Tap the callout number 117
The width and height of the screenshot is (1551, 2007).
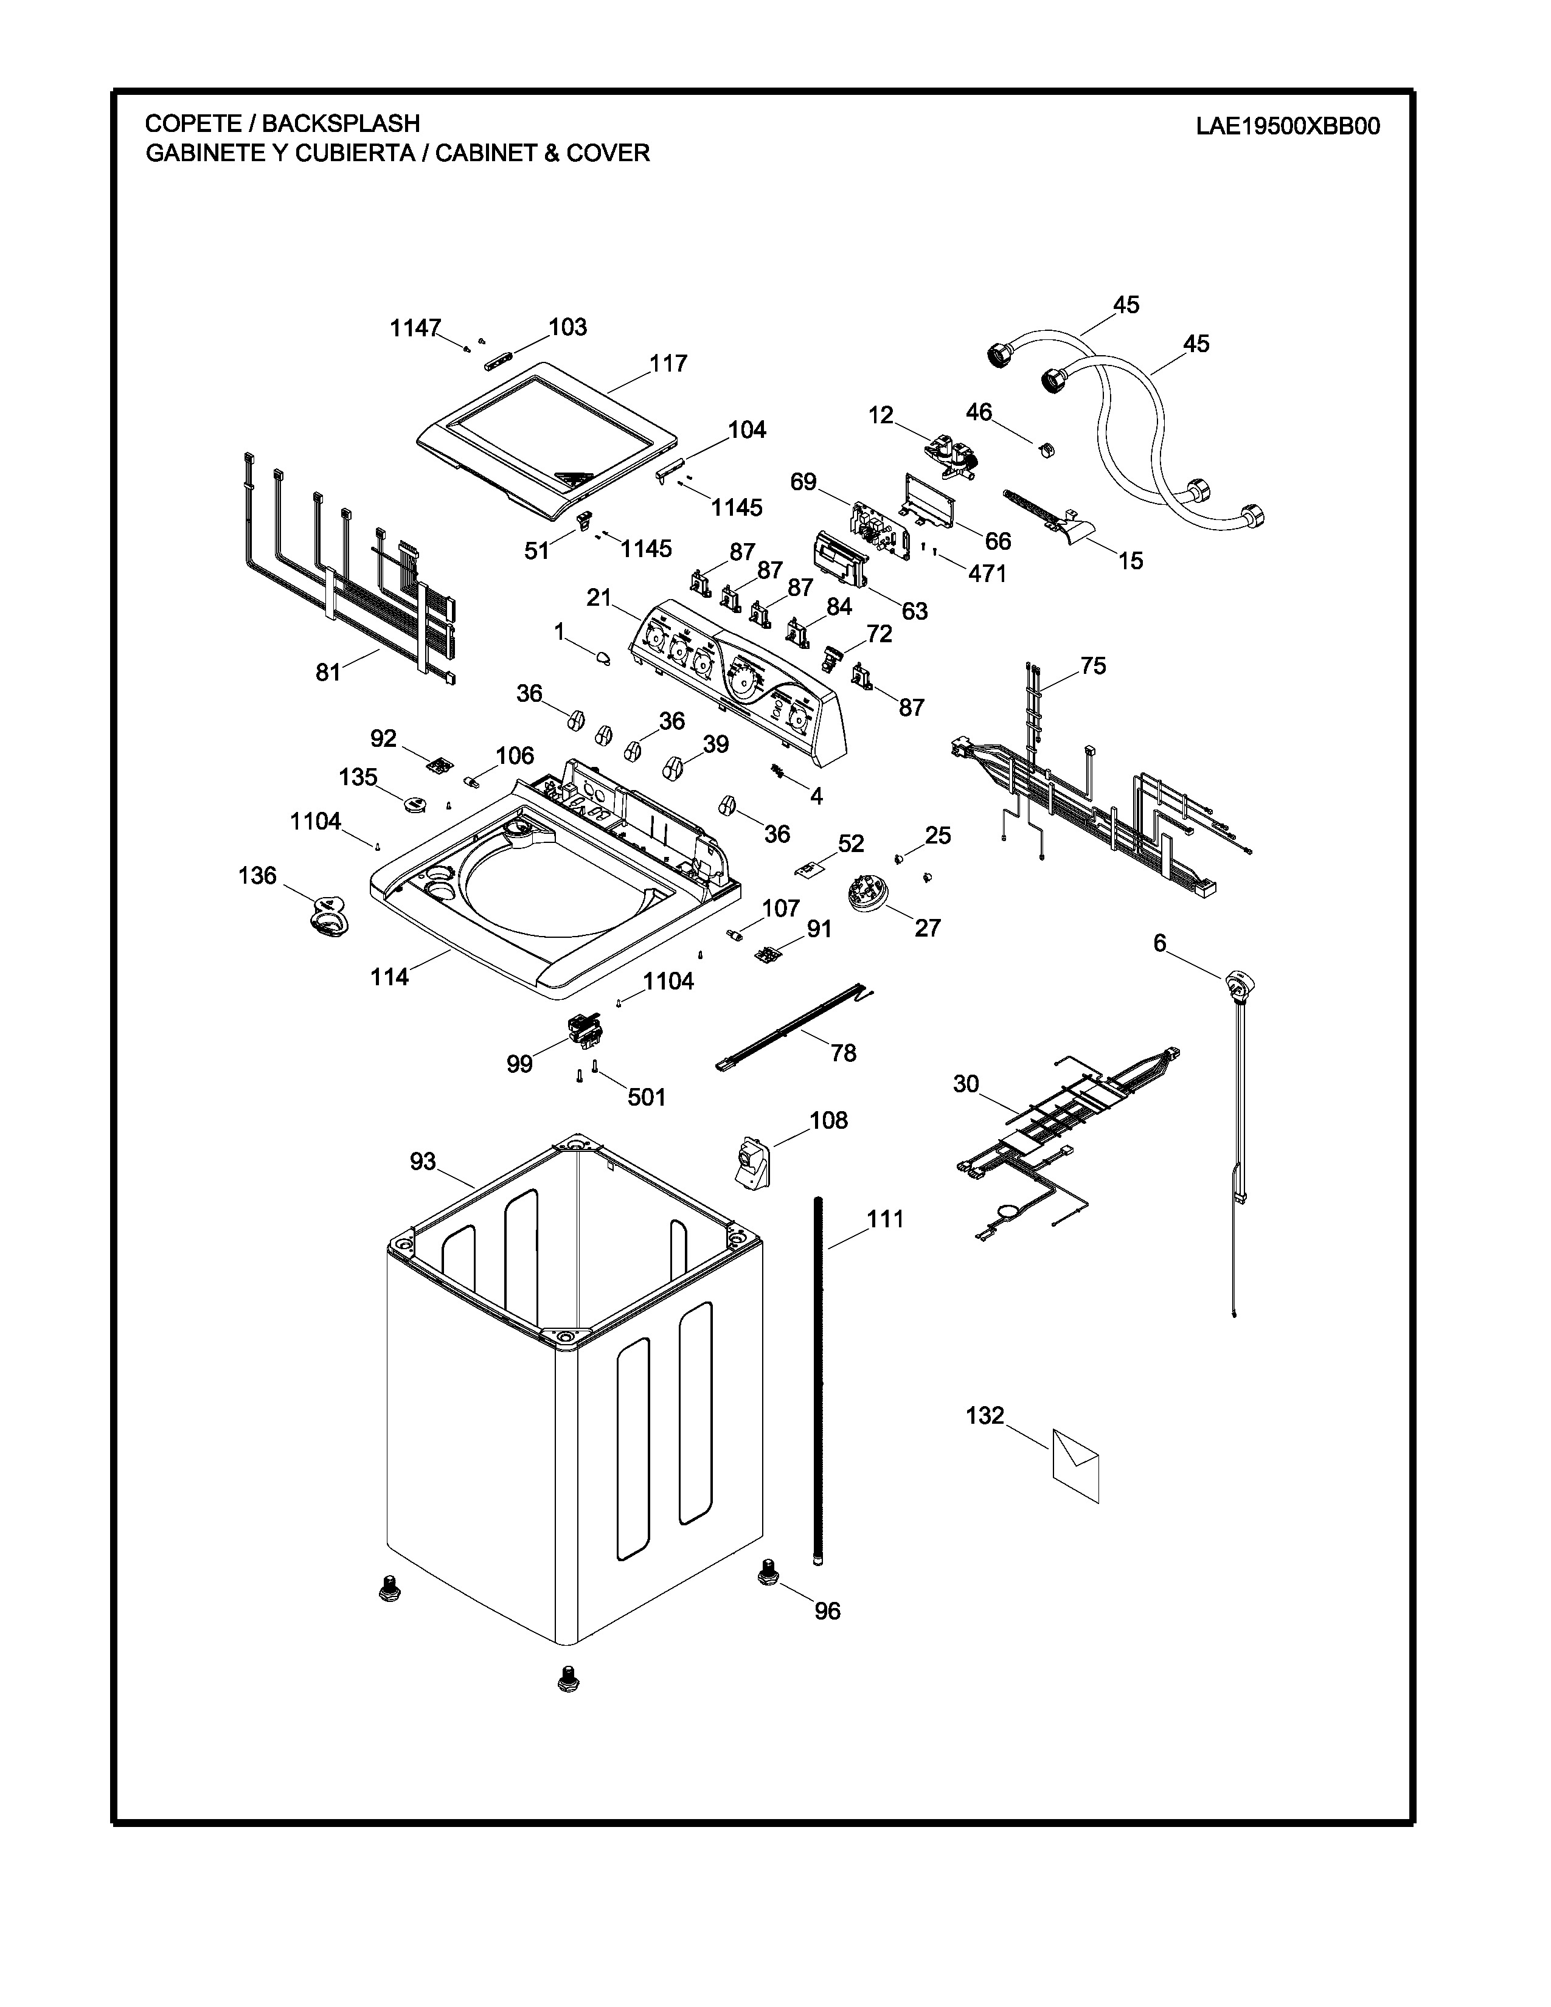(x=668, y=364)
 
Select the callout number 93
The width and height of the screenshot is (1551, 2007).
(x=423, y=1162)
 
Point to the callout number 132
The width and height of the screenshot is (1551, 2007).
(x=985, y=1416)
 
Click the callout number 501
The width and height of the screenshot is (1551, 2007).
(x=647, y=1097)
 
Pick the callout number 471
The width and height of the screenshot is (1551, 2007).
(x=988, y=574)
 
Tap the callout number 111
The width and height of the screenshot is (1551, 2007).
(x=886, y=1219)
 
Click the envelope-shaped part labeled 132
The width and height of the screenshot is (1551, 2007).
(x=1075, y=1465)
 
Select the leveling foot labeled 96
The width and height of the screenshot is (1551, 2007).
(x=769, y=1573)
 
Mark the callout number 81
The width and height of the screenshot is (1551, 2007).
(x=328, y=673)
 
